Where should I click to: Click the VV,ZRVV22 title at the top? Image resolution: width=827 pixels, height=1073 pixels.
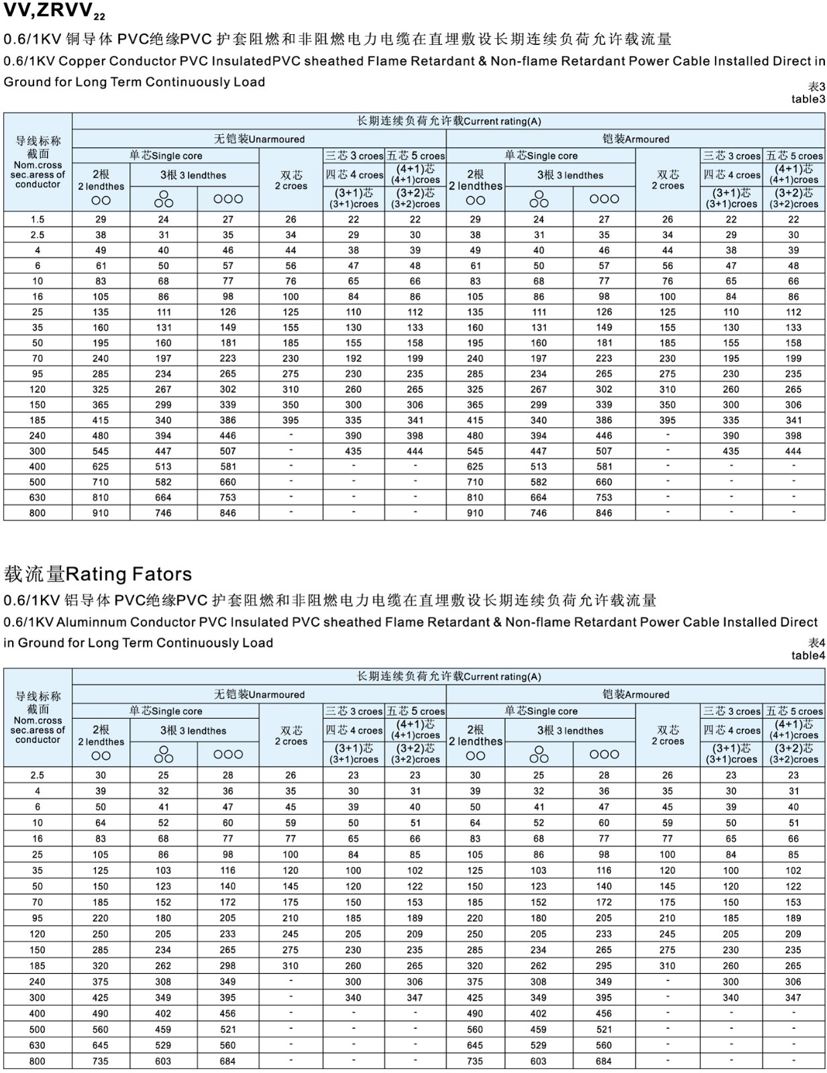(x=54, y=12)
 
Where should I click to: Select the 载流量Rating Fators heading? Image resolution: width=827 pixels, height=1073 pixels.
(x=98, y=574)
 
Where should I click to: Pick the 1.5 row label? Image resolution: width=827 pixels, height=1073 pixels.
(x=38, y=219)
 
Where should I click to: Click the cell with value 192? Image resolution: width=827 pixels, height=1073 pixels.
(x=353, y=358)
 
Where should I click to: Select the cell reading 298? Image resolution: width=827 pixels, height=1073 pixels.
(x=228, y=966)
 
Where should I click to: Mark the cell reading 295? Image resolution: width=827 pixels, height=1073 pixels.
(x=604, y=966)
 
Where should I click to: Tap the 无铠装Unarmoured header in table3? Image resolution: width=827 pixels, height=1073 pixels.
(x=259, y=139)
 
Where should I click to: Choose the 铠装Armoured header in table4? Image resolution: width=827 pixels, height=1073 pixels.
(x=636, y=695)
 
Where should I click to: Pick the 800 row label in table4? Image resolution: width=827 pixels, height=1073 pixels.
(x=38, y=1062)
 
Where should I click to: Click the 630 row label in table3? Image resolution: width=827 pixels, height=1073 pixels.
(x=38, y=498)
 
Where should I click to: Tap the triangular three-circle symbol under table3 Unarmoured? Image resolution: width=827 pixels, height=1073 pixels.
(x=164, y=199)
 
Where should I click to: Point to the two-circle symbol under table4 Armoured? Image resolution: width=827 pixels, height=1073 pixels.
(x=475, y=756)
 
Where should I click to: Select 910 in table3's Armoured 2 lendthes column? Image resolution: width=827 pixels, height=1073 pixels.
(x=475, y=513)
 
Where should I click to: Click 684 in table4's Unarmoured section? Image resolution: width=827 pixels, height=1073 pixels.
(x=228, y=1062)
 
